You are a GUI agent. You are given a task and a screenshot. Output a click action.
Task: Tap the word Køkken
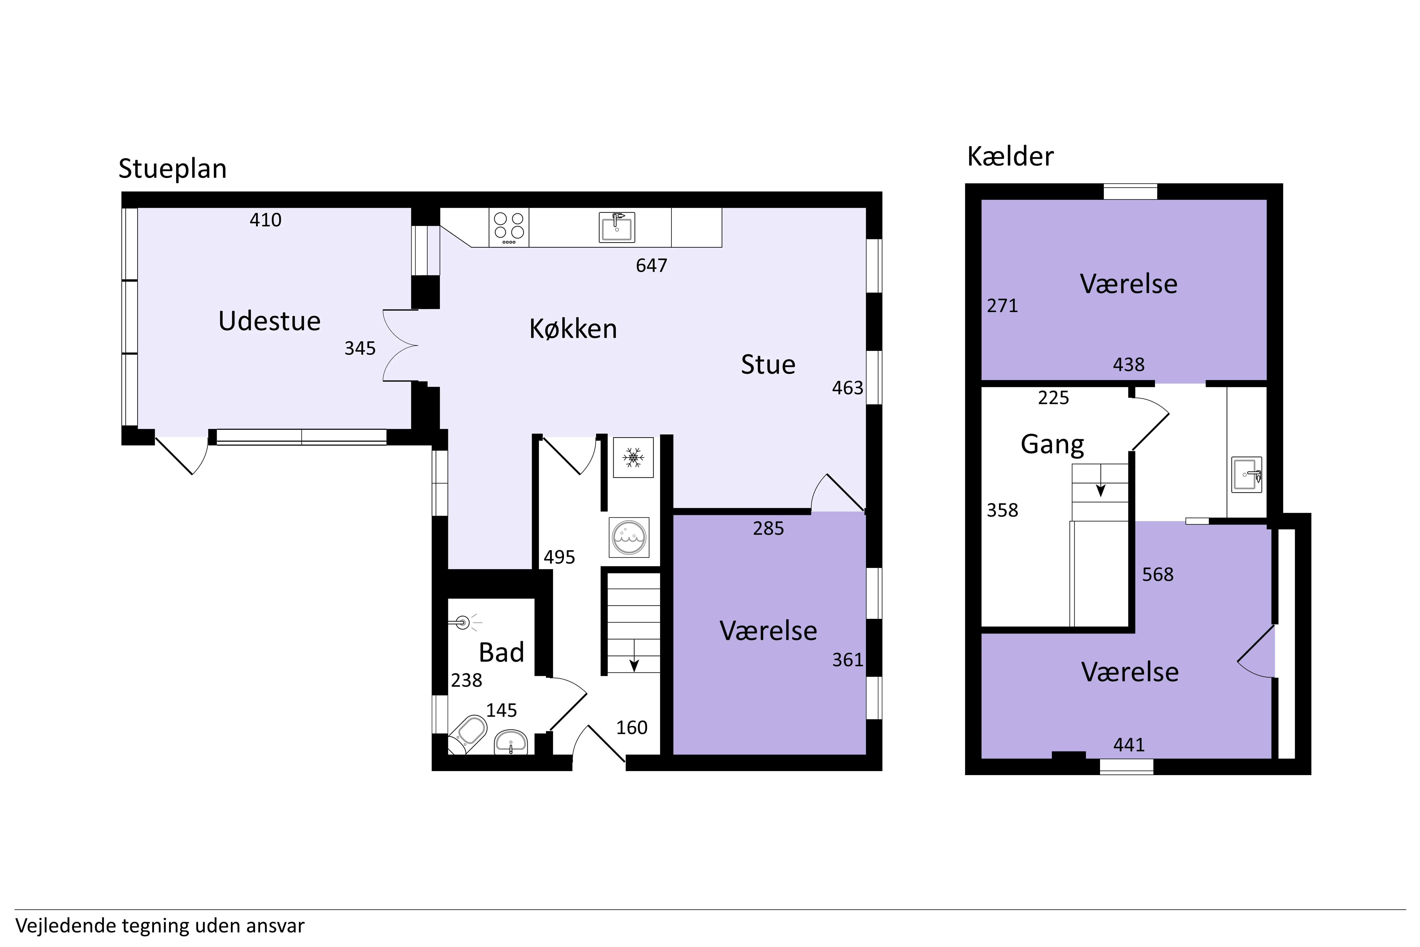(x=573, y=329)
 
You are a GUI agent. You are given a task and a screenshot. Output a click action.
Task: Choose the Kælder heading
(x=1010, y=156)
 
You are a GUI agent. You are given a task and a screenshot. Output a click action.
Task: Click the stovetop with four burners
(x=509, y=228)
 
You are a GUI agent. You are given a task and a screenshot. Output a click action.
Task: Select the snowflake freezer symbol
(x=633, y=457)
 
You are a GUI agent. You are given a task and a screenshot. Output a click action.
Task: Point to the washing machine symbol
(x=629, y=537)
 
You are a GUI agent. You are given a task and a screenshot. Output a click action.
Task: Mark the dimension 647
(x=652, y=266)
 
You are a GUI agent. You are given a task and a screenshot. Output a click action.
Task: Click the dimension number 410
(x=266, y=220)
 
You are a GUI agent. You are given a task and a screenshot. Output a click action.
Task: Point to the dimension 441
(x=1129, y=745)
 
